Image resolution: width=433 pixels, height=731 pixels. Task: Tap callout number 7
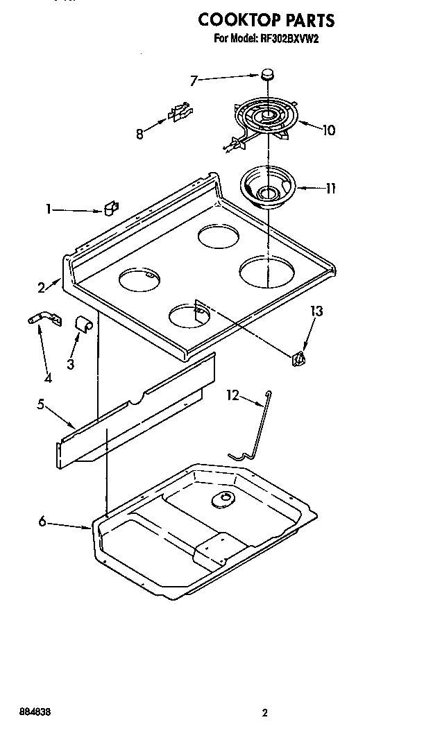point(194,81)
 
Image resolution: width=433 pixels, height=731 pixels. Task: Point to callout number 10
point(328,130)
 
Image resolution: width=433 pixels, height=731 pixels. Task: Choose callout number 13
point(316,312)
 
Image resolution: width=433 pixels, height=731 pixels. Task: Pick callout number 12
point(232,395)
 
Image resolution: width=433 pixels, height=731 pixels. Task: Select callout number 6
point(43,522)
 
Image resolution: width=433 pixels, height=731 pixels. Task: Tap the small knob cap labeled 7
point(269,74)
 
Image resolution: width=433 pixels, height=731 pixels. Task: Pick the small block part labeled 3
point(84,324)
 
